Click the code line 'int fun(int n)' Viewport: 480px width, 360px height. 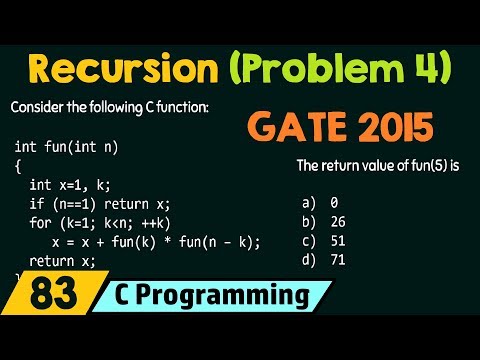[66, 147]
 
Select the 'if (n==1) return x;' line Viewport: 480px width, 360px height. [100, 204]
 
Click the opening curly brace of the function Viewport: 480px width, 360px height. [18, 166]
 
